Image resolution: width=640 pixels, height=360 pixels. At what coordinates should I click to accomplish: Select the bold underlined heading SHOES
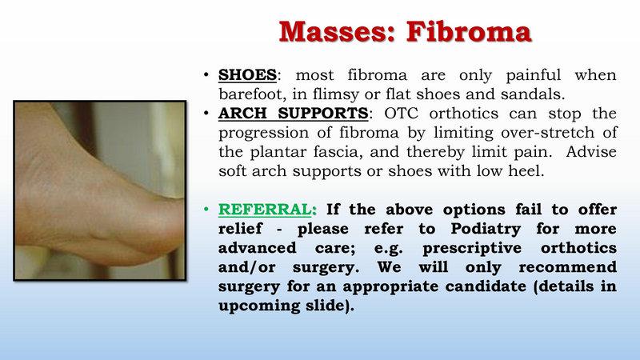tap(247, 74)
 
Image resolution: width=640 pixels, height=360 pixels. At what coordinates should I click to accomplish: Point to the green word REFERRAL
tap(265, 210)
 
